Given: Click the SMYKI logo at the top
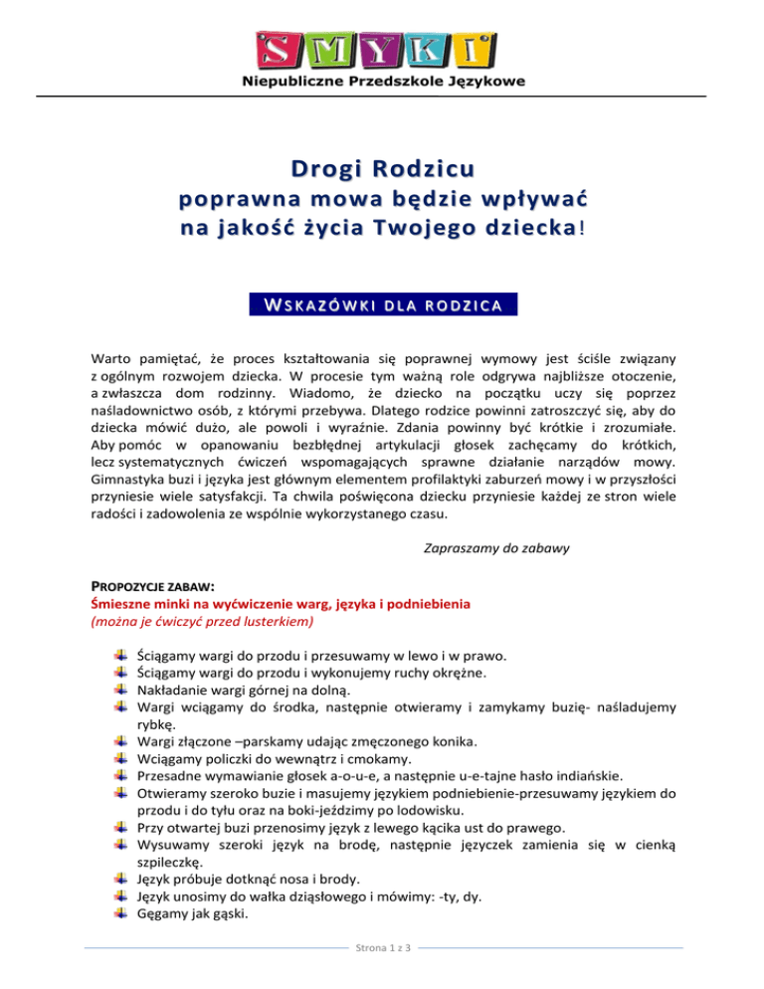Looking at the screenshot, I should (383, 48).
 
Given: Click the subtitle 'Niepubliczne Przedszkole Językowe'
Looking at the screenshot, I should (383, 82).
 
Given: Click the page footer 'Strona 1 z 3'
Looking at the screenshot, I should (382, 974).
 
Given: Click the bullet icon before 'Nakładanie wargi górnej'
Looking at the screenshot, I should (121, 692).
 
